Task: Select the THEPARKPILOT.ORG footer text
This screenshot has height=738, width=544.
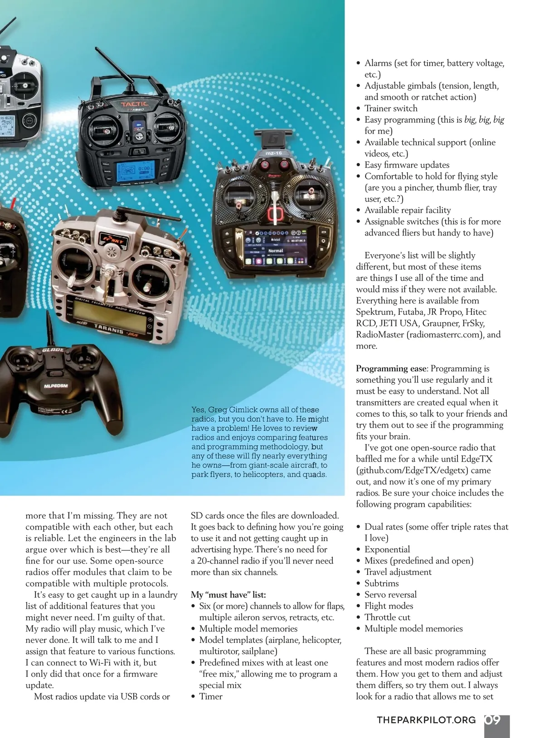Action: pyautogui.click(x=426, y=720)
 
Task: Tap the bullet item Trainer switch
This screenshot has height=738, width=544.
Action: pyautogui.click(x=391, y=108)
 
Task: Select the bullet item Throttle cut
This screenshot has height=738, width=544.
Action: pyautogui.click(x=387, y=617)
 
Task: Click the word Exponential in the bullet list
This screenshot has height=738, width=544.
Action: pyautogui.click(x=387, y=550)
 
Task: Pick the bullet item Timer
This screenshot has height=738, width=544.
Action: pyautogui.click(x=211, y=696)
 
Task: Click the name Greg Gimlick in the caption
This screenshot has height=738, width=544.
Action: pyautogui.click(x=233, y=410)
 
